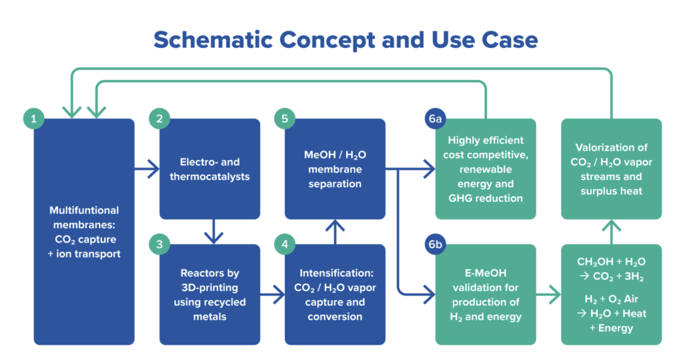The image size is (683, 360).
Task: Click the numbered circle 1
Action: [33, 119]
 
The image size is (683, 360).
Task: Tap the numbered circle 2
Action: [159, 119]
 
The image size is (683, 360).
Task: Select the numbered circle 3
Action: [159, 244]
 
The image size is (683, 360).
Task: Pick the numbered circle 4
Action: [285, 244]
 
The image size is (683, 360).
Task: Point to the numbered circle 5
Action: [285, 119]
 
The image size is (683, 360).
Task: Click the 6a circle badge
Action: [435, 119]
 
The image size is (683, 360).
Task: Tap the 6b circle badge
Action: [435, 244]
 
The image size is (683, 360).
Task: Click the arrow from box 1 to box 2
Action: [147, 169]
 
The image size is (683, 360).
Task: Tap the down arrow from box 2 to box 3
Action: [213, 231]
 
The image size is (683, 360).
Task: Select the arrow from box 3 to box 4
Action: [272, 295]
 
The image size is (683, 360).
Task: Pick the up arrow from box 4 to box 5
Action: [335, 231]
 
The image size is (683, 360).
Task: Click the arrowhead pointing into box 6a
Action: [430, 169]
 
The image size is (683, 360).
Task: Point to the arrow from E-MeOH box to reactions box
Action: [548, 295]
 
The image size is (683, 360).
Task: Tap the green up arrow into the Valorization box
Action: [612, 231]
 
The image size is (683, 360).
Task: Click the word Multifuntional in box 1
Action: [84, 210]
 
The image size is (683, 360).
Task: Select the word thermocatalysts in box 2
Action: [209, 177]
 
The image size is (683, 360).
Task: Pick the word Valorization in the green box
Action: [611, 147]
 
